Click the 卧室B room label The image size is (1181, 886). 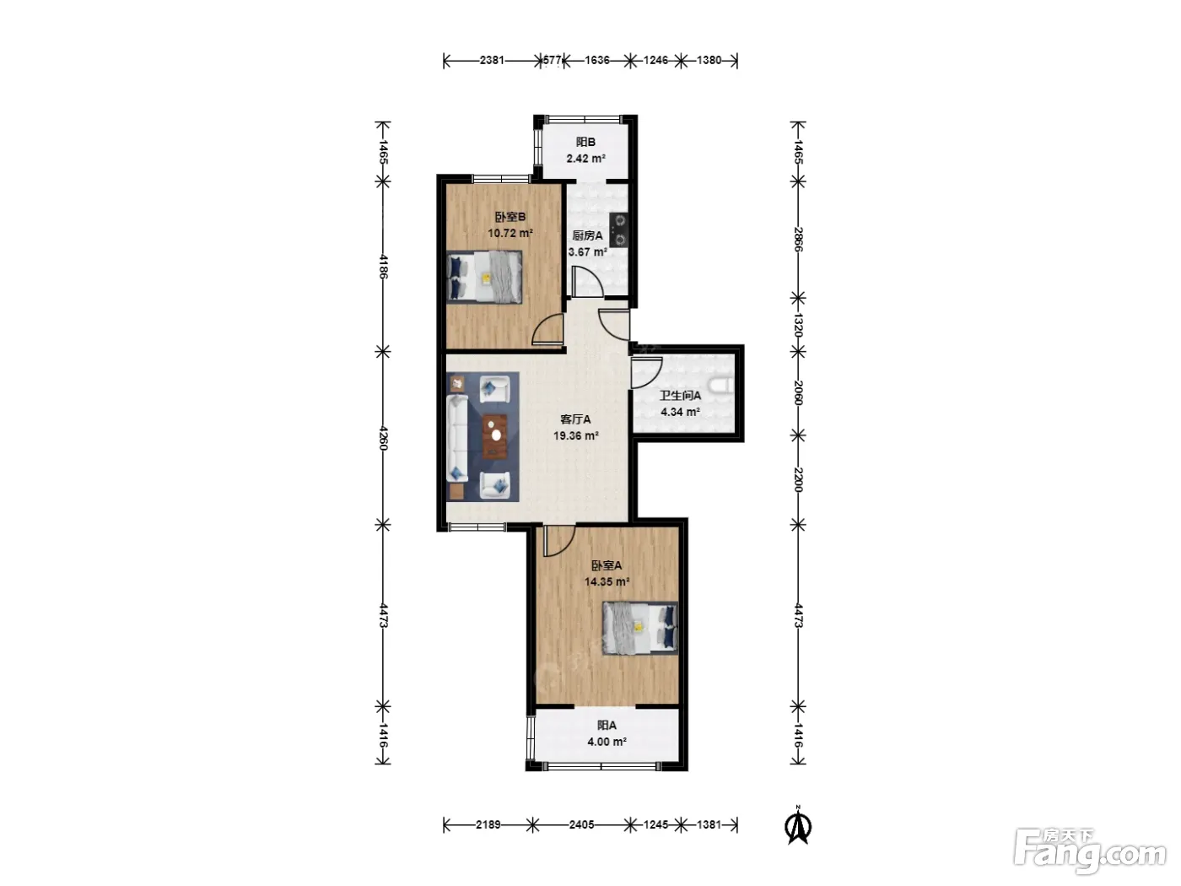click(510, 217)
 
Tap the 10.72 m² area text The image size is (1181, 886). click(510, 233)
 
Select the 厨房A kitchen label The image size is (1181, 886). click(587, 235)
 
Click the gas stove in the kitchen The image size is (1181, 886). click(618, 230)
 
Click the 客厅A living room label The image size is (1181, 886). click(575, 419)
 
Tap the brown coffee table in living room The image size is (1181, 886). click(495, 436)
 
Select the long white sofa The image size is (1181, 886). click(456, 438)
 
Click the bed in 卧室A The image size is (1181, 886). click(639, 628)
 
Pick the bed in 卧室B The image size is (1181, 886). click(484, 277)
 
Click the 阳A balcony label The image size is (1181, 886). click(607, 725)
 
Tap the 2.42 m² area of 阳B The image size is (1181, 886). click(585, 159)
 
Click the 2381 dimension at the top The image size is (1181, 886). click(492, 60)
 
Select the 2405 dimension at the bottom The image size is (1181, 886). click(581, 824)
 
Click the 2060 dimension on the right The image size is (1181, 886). click(799, 392)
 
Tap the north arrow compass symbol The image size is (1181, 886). click(799, 826)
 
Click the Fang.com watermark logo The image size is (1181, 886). click(1090, 851)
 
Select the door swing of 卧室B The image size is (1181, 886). click(547, 329)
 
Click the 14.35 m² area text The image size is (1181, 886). click(607, 581)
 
